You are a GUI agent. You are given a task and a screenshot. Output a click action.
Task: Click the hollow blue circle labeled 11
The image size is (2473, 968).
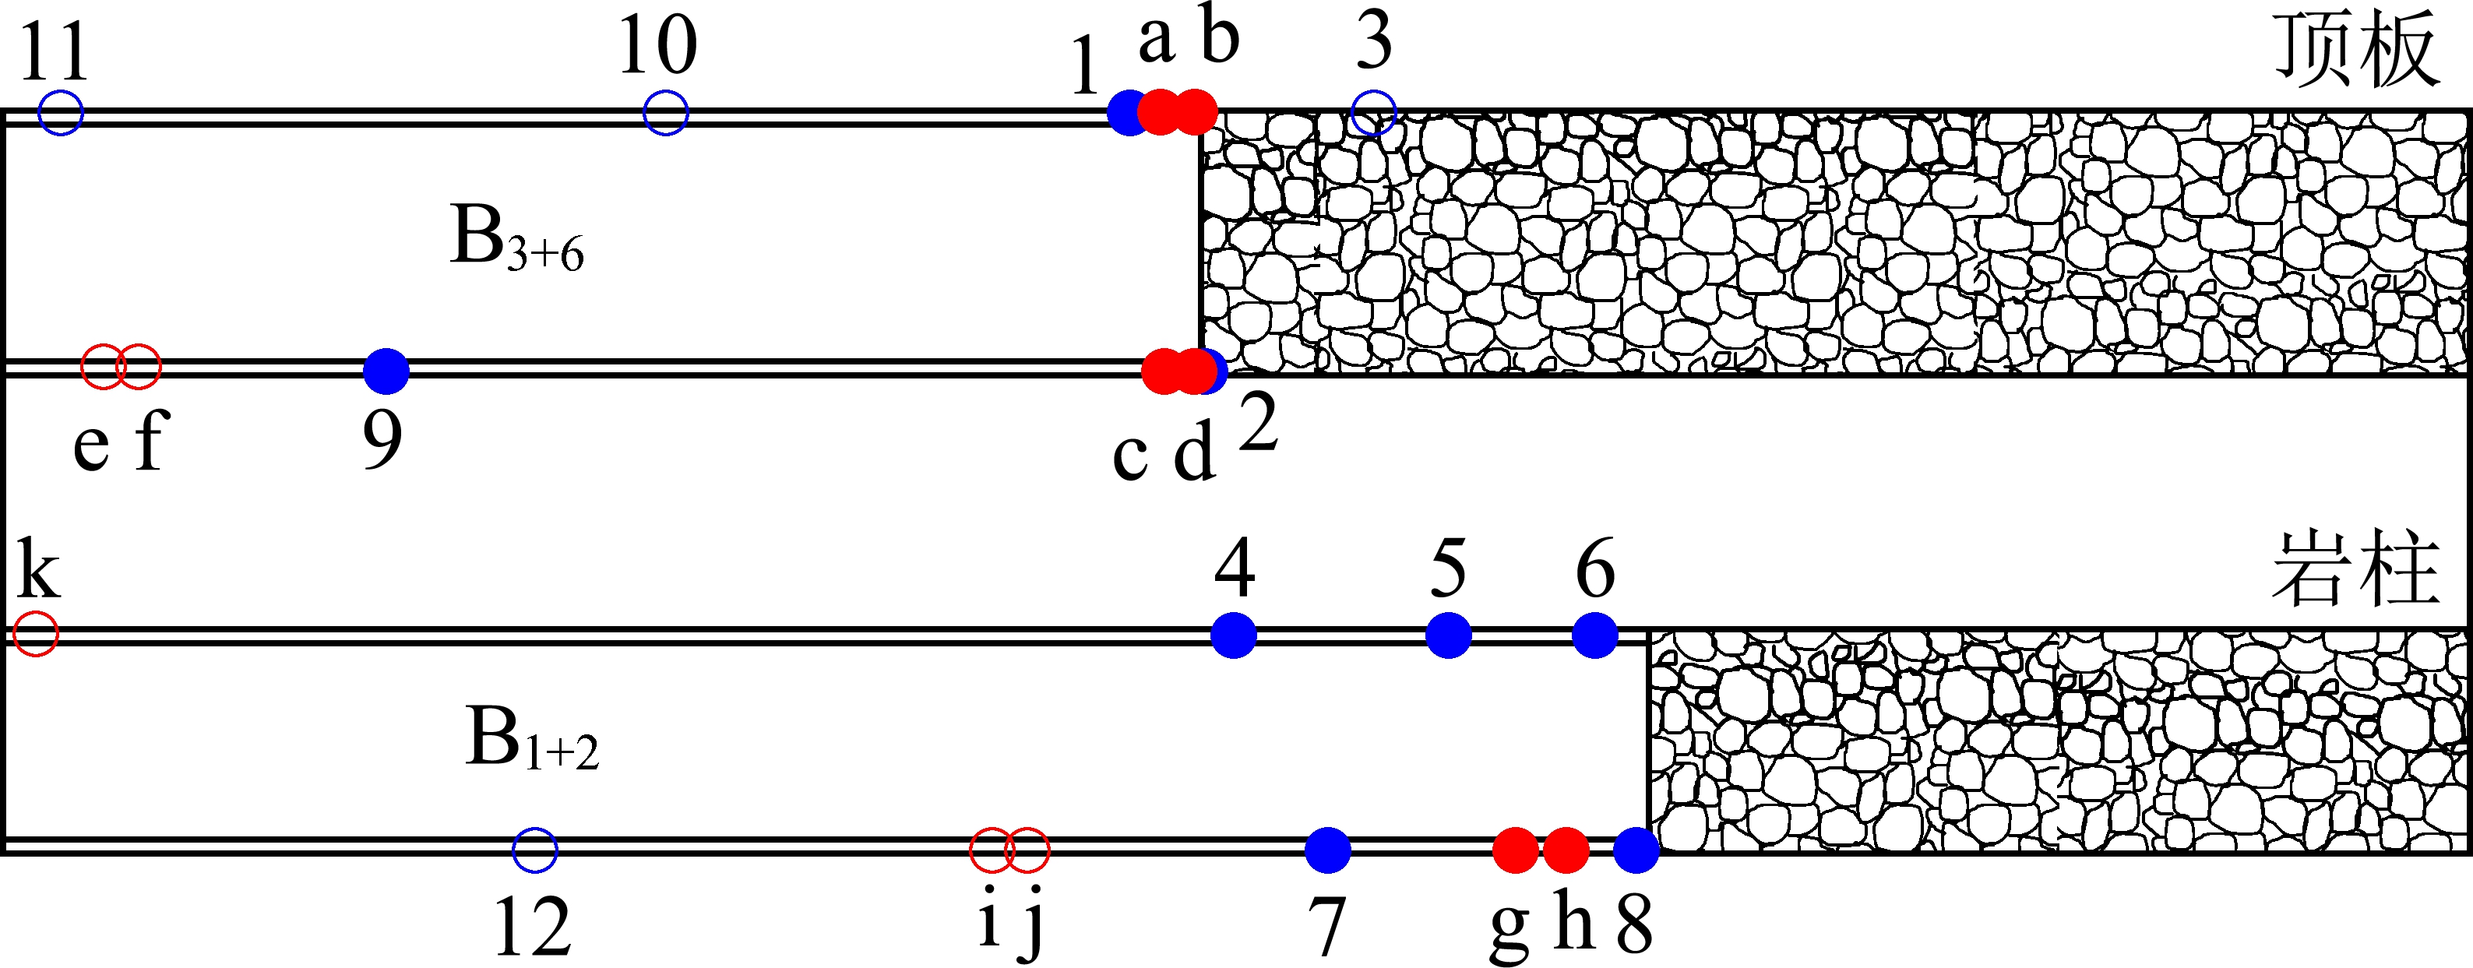[x=61, y=112]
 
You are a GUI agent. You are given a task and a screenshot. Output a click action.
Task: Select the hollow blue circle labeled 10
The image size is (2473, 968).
[x=665, y=112]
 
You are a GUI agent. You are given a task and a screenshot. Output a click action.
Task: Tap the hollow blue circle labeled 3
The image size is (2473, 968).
[x=1373, y=112]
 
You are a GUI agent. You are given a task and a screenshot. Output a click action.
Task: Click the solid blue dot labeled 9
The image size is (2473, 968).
[x=386, y=371]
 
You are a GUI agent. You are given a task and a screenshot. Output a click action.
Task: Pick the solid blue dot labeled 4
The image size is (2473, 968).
[x=1234, y=635]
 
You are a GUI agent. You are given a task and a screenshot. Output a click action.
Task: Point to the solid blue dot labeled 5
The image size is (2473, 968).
[x=1449, y=635]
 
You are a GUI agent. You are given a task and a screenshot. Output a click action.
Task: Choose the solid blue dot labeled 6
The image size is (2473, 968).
[x=1595, y=635]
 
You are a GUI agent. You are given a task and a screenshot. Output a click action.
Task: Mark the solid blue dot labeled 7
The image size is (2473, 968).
[x=1329, y=850]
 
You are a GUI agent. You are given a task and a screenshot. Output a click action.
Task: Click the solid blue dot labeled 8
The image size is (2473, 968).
[x=1636, y=850]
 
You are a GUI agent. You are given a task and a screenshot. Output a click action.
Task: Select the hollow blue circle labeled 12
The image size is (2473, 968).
[x=535, y=850]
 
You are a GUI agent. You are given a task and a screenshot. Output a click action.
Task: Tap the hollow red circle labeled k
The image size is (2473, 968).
[x=37, y=634]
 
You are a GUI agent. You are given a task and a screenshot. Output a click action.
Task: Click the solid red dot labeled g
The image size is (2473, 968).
[x=1516, y=850]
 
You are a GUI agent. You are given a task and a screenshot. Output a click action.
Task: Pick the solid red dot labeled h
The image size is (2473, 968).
[x=1566, y=850]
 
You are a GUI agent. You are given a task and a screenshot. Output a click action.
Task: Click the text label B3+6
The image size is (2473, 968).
[x=516, y=240]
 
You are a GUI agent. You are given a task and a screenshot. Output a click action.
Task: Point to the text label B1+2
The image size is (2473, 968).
[x=532, y=740]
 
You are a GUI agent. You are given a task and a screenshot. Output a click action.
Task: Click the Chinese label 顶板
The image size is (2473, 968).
[x=2358, y=50]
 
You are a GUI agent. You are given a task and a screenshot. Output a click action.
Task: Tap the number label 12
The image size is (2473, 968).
[x=533, y=927]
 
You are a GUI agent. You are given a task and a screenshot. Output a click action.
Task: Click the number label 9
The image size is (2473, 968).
[x=383, y=440]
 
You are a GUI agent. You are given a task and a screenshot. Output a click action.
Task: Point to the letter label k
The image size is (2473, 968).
[x=38, y=572]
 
